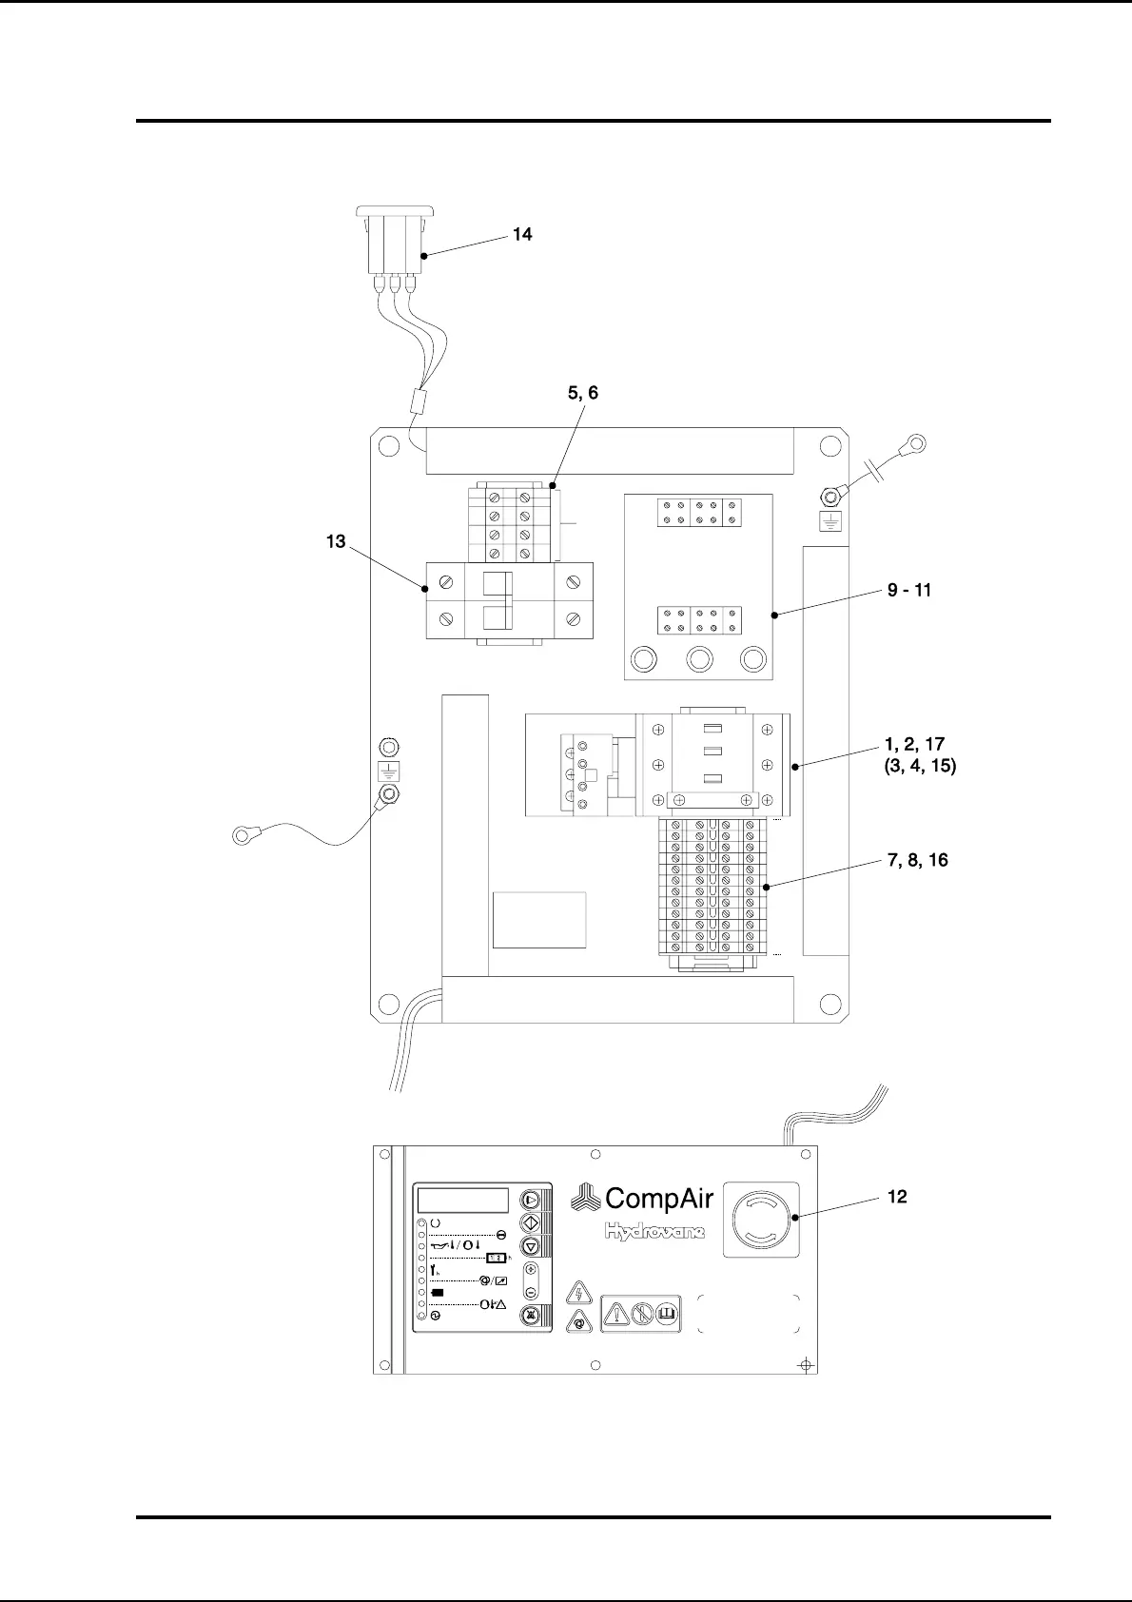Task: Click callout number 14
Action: coord(522,234)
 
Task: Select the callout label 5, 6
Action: coord(583,393)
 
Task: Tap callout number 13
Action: coord(336,541)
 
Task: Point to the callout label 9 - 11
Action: coord(909,590)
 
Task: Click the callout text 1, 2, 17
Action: coord(914,744)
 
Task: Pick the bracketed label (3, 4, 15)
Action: coord(920,766)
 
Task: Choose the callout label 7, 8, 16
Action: coord(917,860)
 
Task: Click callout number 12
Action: coord(897,1197)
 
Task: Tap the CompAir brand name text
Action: coord(658,1199)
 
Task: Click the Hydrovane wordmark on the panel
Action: coord(655,1232)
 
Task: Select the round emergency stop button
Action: coord(761,1221)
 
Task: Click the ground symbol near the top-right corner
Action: coord(831,521)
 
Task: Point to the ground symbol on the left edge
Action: coord(388,771)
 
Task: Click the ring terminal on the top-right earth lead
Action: coord(916,442)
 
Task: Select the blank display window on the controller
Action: coord(462,1200)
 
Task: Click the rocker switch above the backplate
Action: coord(395,243)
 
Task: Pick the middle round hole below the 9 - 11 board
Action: coord(699,659)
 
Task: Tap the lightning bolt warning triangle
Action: coord(578,1293)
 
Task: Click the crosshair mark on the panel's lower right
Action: coord(806,1365)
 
